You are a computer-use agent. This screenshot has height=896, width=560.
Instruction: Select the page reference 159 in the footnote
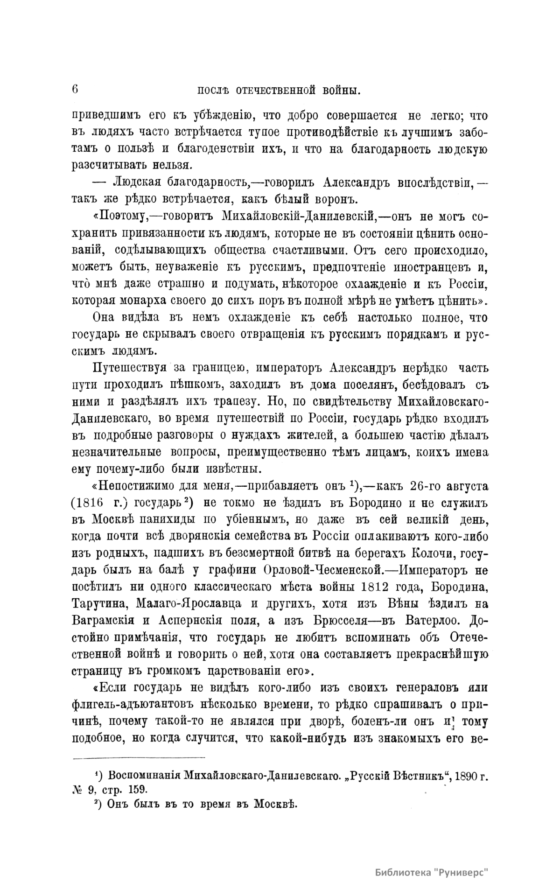coord(135,790)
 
